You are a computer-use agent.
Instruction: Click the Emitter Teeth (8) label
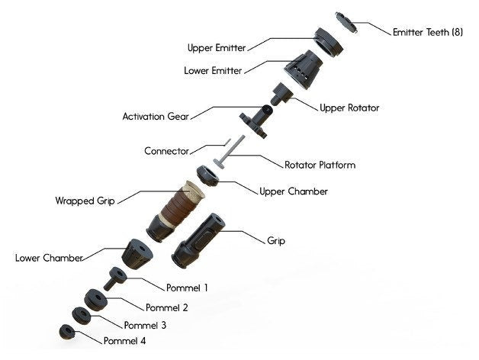pos(428,32)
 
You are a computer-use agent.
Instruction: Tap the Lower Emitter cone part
pos(303,69)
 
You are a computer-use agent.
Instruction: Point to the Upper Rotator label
pos(349,108)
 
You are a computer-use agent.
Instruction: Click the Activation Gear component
pos(256,121)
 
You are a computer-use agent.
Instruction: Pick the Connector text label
pos(166,151)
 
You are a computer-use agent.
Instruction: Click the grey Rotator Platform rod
pos(230,151)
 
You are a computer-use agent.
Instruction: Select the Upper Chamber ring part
pos(207,175)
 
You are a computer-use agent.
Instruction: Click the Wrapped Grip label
pos(85,201)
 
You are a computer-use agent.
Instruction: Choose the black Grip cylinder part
pos(198,240)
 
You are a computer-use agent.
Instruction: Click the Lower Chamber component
pos(137,254)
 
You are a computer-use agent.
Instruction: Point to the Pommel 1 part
pos(115,278)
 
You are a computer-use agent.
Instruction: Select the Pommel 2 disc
pos(96,300)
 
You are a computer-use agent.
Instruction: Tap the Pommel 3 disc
pos(82,316)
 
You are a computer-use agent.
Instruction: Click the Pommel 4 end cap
pos(67,333)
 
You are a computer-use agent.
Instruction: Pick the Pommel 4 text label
pos(124,341)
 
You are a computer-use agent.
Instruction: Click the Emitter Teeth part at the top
pos(346,22)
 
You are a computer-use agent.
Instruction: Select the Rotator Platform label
pos(320,165)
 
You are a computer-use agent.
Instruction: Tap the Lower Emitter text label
pos(213,71)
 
